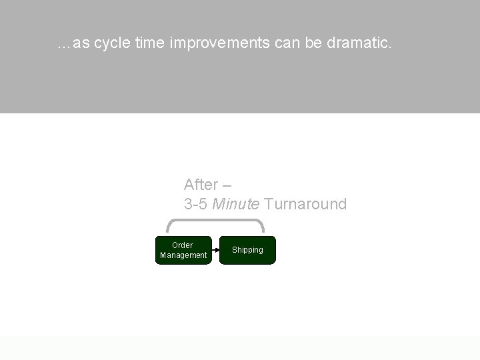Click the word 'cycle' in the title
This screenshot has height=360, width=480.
tap(112, 44)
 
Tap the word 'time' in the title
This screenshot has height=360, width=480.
tap(150, 44)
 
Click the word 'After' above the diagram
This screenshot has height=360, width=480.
tap(201, 185)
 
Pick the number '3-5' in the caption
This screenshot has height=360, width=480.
tap(196, 204)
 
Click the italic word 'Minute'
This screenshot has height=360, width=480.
tap(236, 204)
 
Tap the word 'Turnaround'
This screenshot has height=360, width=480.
tap(305, 204)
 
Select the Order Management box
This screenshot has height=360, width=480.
tap(183, 250)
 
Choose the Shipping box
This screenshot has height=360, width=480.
tap(247, 250)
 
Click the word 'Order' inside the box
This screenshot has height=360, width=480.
tap(182, 245)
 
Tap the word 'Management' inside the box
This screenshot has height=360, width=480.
tap(183, 255)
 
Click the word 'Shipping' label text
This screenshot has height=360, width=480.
tap(247, 250)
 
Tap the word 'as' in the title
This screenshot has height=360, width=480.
tap(81, 44)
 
